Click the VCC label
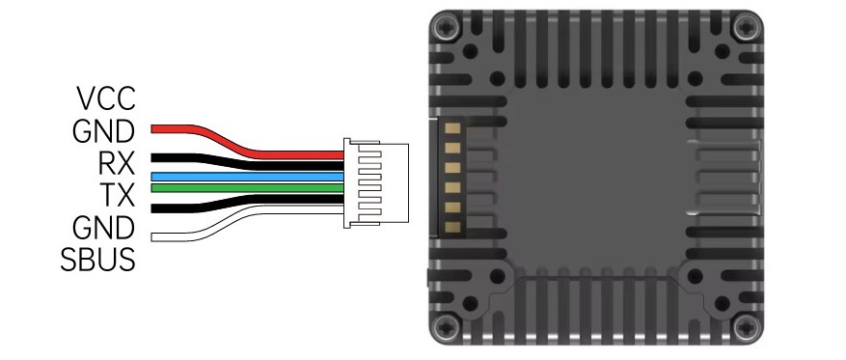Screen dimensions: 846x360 point(106,98)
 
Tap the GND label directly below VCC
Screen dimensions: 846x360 point(103,131)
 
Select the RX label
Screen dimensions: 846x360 point(116,163)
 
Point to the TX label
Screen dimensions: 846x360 point(118,195)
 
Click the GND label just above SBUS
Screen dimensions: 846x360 point(103,227)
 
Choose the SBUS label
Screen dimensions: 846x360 point(97,260)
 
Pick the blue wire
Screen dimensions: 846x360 point(247,177)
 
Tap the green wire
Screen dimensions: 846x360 point(247,188)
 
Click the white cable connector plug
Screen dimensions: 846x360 point(376,182)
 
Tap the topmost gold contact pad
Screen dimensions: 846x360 point(453,128)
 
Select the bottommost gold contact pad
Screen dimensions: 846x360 point(453,227)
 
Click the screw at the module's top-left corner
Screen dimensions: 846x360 point(447,26)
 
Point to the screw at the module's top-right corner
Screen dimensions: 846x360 point(748,26)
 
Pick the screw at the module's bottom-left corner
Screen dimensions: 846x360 point(447,326)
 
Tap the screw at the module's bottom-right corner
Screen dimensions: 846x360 point(748,326)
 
